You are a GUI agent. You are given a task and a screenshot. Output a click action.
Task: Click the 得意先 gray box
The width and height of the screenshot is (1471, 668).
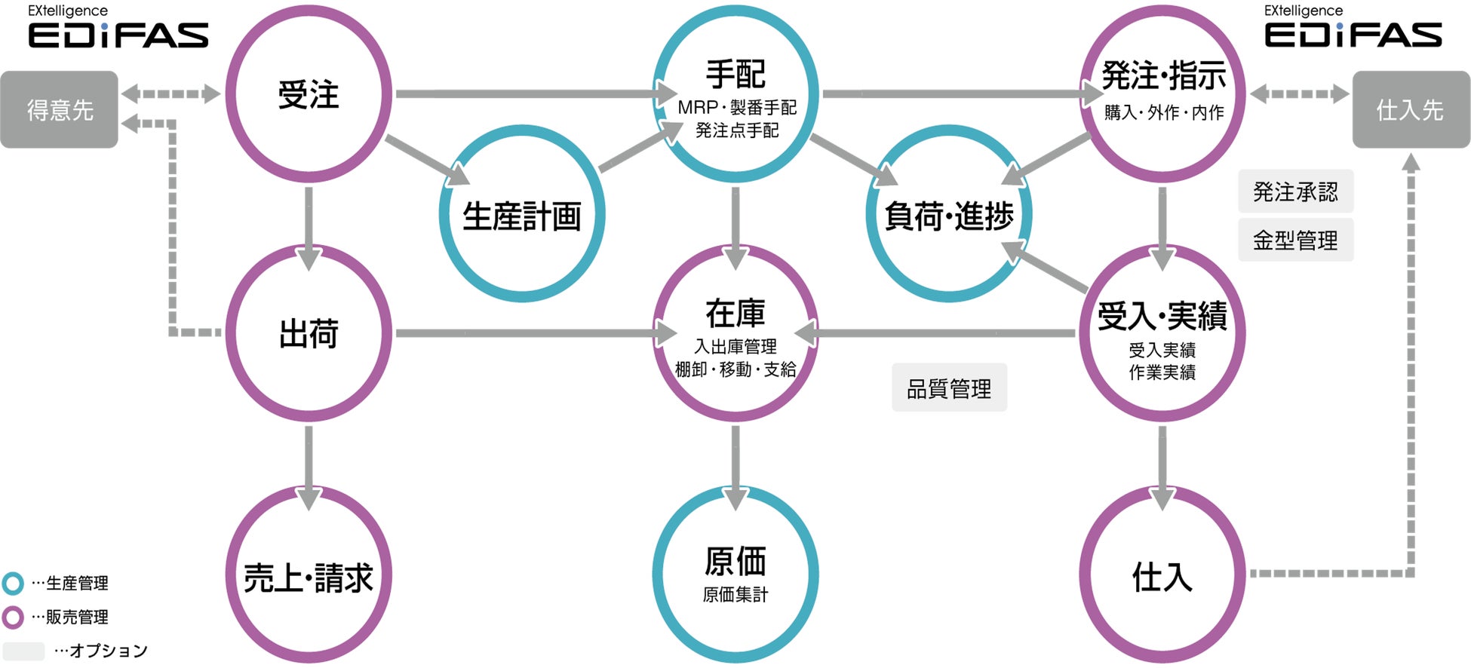tap(60, 110)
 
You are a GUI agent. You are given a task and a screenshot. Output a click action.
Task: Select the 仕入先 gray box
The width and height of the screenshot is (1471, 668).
tap(1410, 110)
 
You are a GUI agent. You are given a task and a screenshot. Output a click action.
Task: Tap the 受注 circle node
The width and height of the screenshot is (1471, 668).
tap(309, 95)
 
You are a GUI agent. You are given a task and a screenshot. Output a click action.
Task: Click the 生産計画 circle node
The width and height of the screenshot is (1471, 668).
tap(522, 215)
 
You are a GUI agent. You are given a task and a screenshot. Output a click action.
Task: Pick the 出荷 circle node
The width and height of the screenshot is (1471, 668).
tap(309, 333)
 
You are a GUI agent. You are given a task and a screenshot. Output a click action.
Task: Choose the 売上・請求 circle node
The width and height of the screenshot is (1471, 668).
tap(309, 577)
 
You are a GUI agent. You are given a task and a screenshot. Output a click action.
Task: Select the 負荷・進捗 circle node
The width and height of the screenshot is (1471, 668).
tap(949, 215)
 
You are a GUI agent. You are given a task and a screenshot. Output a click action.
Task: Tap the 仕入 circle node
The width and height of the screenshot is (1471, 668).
tap(1162, 577)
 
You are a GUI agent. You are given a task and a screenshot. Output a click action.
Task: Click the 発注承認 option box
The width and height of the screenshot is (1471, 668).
tap(1295, 192)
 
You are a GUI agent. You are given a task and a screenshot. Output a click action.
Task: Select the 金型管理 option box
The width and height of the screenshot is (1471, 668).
tap(1295, 240)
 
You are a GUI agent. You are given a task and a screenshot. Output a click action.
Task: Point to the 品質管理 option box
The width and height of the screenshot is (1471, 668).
tap(949, 388)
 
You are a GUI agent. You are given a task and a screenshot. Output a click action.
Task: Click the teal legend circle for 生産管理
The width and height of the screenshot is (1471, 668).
tap(13, 583)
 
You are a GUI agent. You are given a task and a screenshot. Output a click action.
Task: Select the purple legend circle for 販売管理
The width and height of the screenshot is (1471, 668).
tap(13, 617)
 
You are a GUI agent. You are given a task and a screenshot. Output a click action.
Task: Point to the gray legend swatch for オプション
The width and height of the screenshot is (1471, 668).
tap(23, 651)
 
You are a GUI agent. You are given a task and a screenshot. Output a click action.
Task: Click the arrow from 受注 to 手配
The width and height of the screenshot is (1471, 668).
tap(528, 94)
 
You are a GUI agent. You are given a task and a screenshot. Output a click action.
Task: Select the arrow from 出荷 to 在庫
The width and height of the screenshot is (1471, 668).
tap(528, 333)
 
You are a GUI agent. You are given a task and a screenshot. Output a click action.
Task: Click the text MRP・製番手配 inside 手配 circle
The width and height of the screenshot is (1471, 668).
tap(737, 108)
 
